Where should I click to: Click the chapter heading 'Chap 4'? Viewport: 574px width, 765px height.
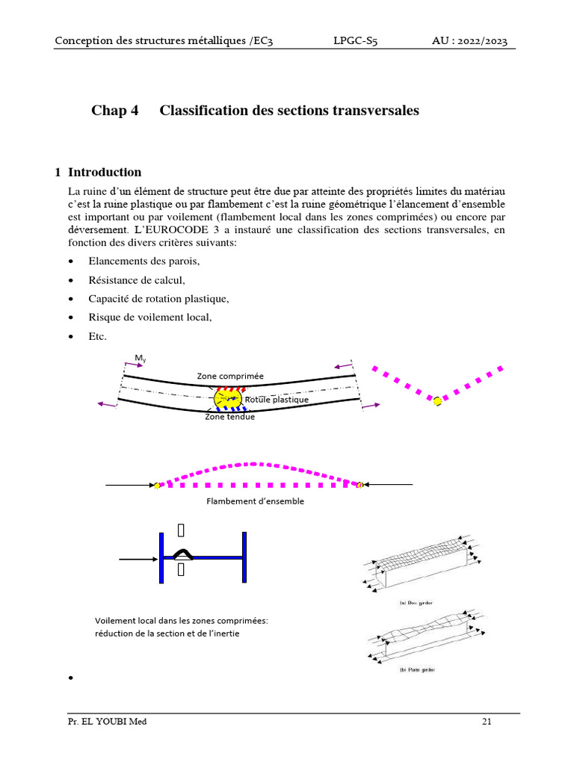[115, 111]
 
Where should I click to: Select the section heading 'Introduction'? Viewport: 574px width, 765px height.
[105, 173]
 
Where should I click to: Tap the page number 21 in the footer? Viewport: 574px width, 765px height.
[487, 722]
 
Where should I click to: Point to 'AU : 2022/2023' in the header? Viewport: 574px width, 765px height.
[469, 41]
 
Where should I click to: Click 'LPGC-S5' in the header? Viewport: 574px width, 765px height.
[355, 41]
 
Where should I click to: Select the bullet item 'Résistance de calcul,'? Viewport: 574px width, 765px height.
[136, 280]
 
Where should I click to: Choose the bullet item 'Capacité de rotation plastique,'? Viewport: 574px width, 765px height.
[158, 299]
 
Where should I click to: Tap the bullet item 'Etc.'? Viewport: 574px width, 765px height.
[97, 336]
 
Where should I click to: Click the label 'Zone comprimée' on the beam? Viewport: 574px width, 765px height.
[230, 376]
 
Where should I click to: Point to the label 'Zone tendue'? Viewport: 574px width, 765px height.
[229, 417]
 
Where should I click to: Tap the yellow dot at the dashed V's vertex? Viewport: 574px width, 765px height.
[437, 401]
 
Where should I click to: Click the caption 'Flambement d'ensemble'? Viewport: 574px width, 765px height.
[255, 501]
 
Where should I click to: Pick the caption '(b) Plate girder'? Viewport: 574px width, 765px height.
[416, 669]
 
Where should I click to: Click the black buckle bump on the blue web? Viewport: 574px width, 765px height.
[182, 554]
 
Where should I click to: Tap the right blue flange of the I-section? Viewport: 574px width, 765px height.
[244, 557]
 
